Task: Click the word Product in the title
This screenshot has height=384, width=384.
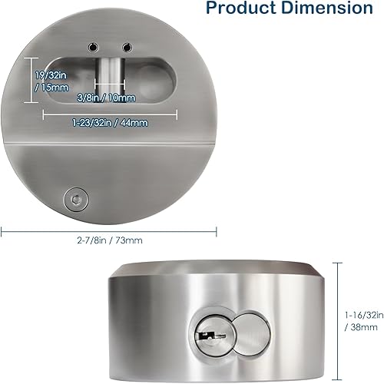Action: [x=250, y=9]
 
